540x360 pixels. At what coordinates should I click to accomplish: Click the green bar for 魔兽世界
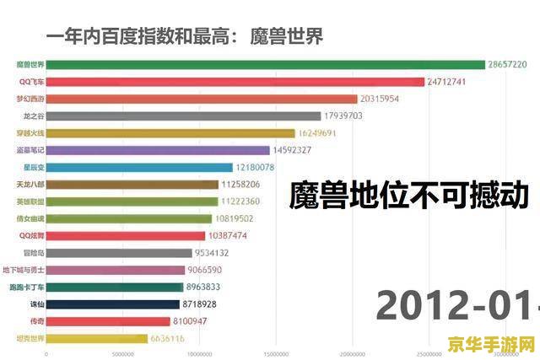(266, 64)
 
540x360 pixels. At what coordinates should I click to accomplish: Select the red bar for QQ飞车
(235, 82)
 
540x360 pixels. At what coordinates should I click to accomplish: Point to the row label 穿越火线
(30, 133)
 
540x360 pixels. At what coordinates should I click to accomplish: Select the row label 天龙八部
(30, 185)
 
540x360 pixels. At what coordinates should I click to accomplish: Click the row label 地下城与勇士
(28, 270)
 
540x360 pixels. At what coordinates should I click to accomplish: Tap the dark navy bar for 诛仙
(113, 304)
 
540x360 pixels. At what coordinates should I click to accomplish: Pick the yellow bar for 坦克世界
(97, 338)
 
